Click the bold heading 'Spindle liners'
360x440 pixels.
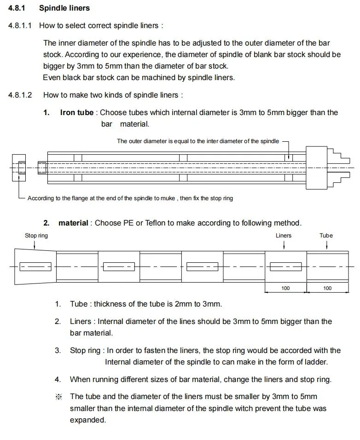64,8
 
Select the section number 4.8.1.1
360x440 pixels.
20,26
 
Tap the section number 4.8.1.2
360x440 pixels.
20,95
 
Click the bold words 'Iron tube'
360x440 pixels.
76,113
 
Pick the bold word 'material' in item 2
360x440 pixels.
73,223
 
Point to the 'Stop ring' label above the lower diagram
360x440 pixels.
36,236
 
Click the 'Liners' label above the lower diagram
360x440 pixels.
284,236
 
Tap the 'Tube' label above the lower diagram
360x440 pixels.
326,236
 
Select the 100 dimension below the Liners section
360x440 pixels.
285,289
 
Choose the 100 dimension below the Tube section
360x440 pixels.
327,289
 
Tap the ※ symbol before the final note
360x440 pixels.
58,397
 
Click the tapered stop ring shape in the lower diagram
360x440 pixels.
35,266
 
